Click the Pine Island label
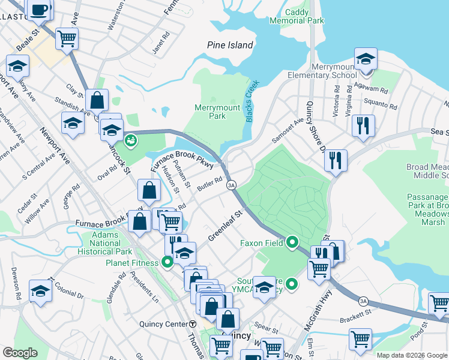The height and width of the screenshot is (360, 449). tap(230, 45)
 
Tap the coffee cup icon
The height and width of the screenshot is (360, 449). tap(40, 10)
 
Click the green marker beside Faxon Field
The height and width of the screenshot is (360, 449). tap(292, 242)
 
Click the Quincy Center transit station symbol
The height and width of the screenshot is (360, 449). tap(194, 324)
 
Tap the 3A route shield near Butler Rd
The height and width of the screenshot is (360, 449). tap(231, 185)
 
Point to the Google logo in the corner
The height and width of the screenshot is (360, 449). tap(20, 353)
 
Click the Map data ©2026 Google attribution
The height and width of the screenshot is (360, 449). tap(411, 355)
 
